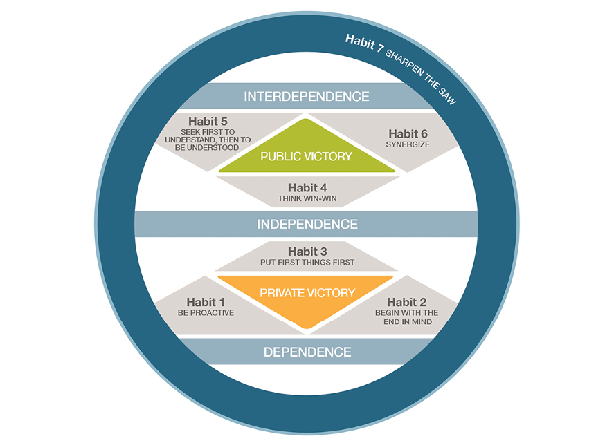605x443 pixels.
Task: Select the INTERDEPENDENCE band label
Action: click(x=307, y=96)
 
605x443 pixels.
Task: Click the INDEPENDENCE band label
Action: click(x=307, y=224)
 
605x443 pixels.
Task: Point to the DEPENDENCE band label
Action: click(x=307, y=352)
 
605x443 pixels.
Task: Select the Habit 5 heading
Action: click(x=208, y=122)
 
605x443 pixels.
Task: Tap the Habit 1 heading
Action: click(x=206, y=301)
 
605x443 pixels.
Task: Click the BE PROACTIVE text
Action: click(x=206, y=312)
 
